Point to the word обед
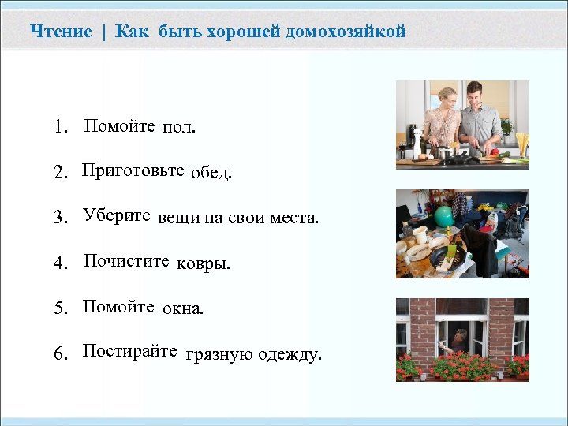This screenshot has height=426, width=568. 211,174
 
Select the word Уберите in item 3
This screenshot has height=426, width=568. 117,217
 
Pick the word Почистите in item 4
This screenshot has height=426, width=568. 126,261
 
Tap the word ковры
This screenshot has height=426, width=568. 204,263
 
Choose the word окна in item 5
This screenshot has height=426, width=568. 182,308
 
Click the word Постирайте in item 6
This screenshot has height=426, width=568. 130,351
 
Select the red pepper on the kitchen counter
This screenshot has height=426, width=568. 494,151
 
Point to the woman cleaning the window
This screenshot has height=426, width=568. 461,340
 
